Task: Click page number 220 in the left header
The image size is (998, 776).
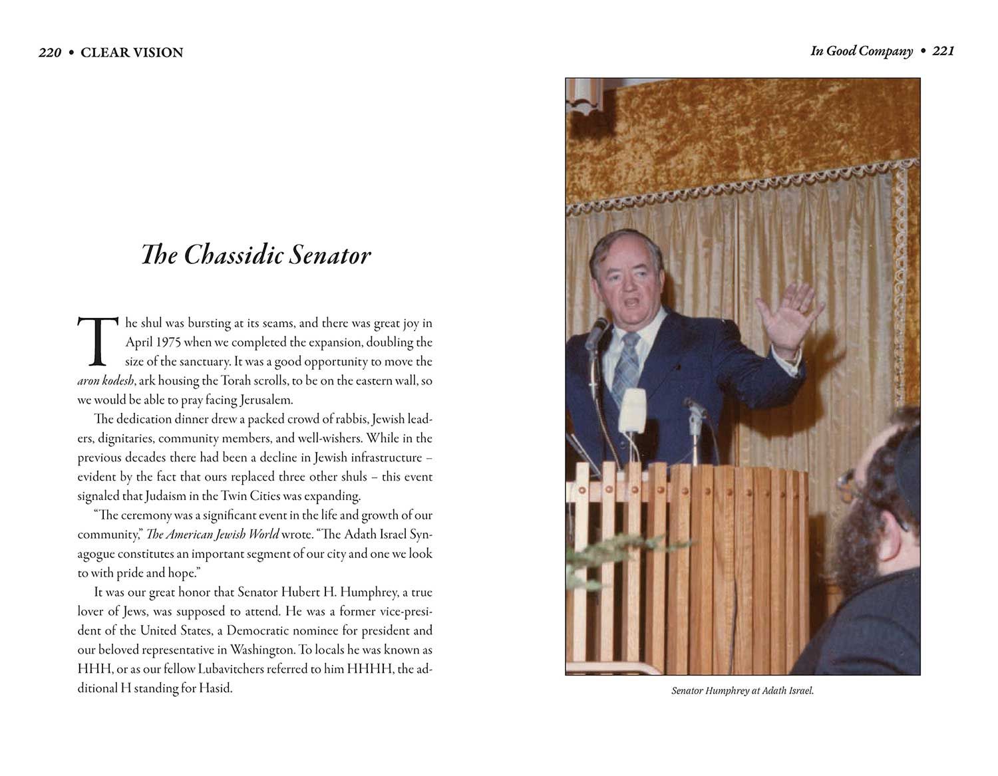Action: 50,53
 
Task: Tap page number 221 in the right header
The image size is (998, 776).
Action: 943,51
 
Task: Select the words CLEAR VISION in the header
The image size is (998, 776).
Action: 132,53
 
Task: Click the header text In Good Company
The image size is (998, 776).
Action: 861,51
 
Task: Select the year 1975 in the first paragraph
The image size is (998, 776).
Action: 168,342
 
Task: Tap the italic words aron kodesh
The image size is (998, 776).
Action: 106,381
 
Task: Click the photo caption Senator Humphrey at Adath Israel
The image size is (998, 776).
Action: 743,691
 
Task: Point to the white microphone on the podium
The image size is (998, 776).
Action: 632,410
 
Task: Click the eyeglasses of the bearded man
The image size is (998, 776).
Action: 847,486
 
